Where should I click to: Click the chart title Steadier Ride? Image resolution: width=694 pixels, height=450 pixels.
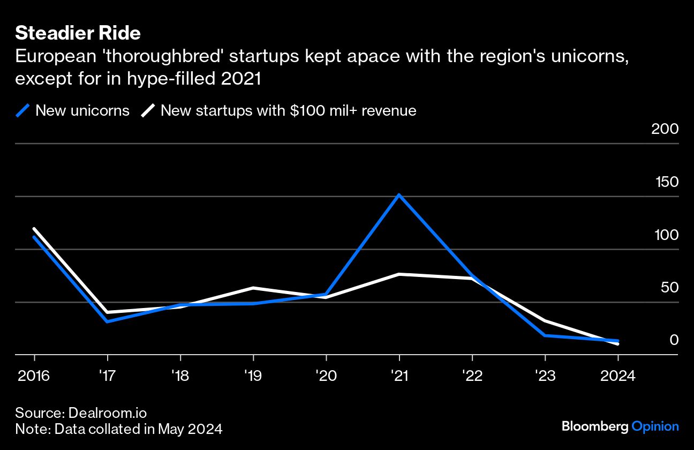tap(78, 33)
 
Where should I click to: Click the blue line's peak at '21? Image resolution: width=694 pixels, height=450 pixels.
tap(399, 195)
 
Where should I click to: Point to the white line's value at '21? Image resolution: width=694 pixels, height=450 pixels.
tap(399, 274)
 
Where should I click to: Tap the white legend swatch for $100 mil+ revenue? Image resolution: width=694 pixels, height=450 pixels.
tap(148, 111)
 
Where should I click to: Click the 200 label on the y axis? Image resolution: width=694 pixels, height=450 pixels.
tap(664, 129)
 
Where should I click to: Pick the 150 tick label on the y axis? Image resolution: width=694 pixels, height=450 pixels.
tap(667, 182)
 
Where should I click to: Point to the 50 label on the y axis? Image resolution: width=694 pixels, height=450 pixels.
tap(669, 288)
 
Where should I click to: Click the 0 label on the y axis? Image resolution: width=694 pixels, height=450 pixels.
tap(674, 340)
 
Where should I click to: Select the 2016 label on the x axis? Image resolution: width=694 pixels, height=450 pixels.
tap(34, 376)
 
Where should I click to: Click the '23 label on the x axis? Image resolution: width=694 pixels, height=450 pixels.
tap(545, 376)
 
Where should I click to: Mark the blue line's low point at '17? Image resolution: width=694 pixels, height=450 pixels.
tap(108, 321)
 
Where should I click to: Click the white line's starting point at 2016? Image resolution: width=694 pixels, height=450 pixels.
tap(34, 229)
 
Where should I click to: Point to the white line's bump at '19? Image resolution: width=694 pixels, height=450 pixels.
tap(253, 288)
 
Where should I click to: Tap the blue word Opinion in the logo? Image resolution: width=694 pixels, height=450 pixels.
tap(655, 427)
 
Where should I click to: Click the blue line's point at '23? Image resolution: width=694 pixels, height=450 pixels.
tap(545, 335)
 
